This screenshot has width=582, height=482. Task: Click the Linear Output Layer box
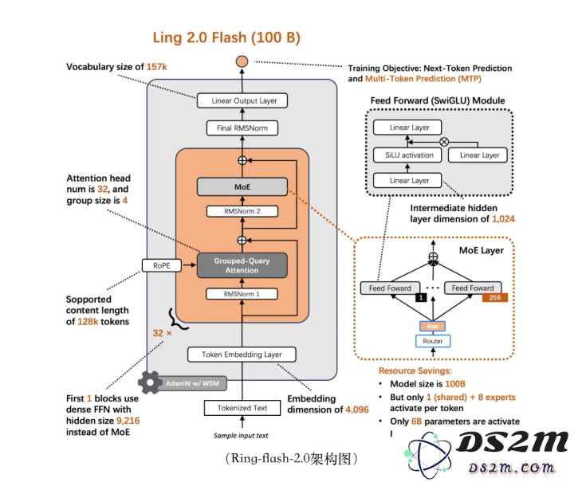244,101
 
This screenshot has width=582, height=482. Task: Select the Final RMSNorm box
241,128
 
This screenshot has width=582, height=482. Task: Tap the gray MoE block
242,187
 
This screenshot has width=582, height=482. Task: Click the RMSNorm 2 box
242,211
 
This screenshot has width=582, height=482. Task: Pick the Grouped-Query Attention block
242,265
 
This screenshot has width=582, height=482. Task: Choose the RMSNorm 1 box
242,294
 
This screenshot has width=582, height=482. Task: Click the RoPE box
160,265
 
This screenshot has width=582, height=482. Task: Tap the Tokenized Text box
242,408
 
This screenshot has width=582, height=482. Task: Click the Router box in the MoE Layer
433,341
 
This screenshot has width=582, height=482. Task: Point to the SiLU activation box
407,155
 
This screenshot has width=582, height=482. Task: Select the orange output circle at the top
242,62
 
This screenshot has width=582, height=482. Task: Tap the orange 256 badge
494,297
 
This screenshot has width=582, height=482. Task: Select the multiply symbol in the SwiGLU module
456,140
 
